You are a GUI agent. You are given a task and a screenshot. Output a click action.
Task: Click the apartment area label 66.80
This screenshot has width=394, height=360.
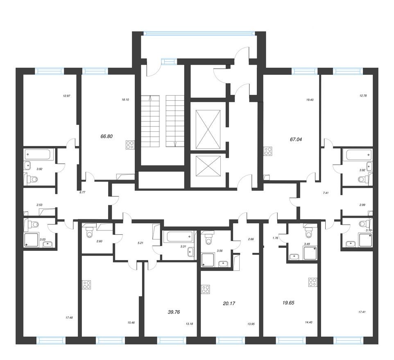[106, 137]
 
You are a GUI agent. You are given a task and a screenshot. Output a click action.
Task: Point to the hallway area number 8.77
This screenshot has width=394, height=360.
[82, 192]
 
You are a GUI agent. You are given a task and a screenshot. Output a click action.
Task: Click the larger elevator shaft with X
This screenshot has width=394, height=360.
[208, 129]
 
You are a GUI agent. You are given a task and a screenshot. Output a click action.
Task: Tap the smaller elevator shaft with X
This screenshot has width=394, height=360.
[208, 166]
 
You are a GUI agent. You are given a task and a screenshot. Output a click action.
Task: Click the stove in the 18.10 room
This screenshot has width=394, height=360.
[130, 145]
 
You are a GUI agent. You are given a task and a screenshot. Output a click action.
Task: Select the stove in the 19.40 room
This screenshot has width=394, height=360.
[268, 151]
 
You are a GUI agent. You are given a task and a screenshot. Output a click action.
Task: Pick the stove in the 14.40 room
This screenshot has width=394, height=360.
[312, 282]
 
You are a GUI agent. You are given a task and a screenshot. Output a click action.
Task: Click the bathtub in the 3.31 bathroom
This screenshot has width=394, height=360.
[178, 236]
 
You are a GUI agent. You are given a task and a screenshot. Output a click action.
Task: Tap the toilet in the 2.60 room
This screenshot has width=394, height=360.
[89, 233]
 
